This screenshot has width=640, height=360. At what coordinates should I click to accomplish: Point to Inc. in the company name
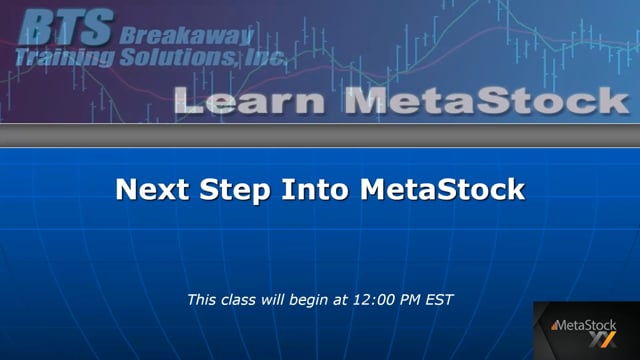[263, 60]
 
